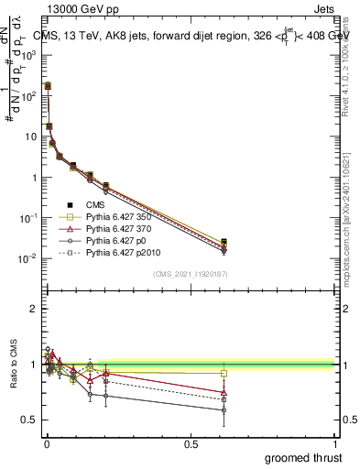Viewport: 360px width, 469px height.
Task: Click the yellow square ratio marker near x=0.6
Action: [224, 373]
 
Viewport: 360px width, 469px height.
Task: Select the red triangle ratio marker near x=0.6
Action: [224, 392]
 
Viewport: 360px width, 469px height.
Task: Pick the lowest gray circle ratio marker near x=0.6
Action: [224, 410]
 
